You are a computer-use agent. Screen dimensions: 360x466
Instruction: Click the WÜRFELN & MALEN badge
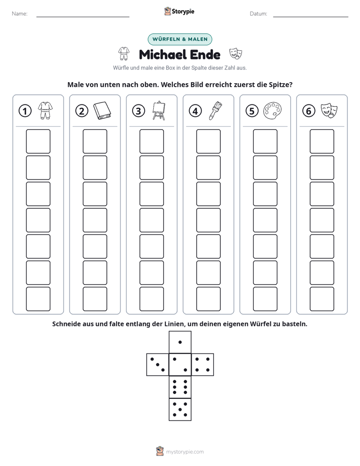coord(179,39)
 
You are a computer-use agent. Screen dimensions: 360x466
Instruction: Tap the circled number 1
coord(25,111)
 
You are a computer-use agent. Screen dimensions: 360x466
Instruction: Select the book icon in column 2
coord(102,111)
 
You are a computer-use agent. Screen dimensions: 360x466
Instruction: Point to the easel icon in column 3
coord(159,110)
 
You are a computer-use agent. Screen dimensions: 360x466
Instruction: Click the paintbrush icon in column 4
coord(216,110)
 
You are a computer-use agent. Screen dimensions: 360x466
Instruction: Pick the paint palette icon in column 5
coord(272,111)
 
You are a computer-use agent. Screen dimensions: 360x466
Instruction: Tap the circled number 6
coord(309,111)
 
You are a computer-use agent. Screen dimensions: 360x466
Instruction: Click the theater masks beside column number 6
coord(329,110)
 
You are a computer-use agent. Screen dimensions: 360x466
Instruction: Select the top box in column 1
coord(38,141)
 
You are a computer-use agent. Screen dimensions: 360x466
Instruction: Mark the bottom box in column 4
coord(208,299)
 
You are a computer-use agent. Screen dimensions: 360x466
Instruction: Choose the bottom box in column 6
coord(322,299)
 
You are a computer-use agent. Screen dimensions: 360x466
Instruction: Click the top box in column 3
coord(151,141)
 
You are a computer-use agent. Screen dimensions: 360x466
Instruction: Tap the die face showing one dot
coord(180,342)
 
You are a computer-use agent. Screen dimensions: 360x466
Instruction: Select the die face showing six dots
coord(180,387)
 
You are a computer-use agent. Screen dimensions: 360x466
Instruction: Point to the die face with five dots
coord(180,409)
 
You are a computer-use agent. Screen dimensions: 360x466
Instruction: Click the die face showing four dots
coord(203,365)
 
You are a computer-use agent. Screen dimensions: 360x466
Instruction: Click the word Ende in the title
coord(205,54)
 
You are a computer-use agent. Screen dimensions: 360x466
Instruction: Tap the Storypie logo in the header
coord(179,11)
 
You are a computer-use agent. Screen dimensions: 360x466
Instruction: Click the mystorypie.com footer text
coord(185,452)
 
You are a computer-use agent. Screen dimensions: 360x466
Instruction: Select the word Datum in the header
coord(259,14)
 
